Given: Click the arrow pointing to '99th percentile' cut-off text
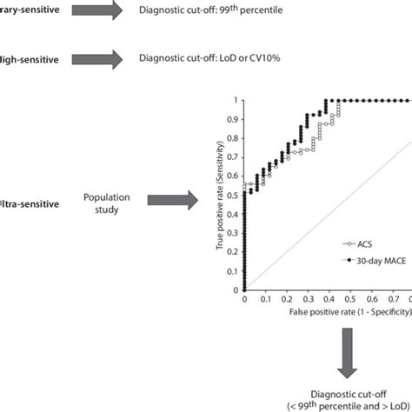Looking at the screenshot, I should (94, 11).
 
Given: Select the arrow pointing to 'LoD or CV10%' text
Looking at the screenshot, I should (94, 60).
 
